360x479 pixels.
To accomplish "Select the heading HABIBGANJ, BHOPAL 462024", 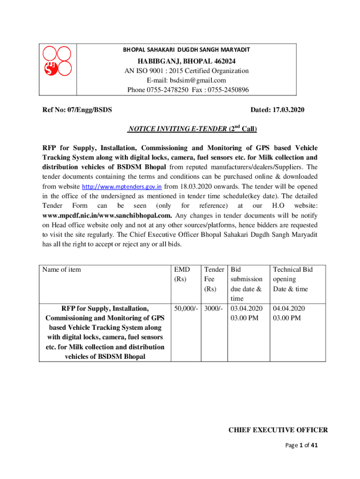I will pos(186,61).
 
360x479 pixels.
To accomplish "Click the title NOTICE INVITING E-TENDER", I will pos(177,129).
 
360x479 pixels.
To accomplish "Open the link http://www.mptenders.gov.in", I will pos(122,187).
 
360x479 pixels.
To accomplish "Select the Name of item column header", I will pos(61,269).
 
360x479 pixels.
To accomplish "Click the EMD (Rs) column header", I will pos(181,274).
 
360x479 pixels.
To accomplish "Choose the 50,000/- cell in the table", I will pos(186,309).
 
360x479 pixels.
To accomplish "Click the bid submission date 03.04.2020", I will pos(247,309).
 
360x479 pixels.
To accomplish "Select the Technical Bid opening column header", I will pos(292,279).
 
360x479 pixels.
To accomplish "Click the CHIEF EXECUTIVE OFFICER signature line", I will pos(278,430).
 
